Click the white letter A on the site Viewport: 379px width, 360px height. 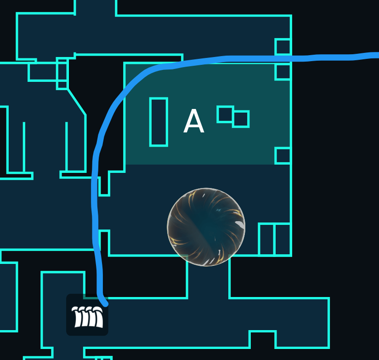tap(194, 121)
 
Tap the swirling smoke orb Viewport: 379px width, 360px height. tap(206, 227)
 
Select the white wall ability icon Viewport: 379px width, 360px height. tap(87, 315)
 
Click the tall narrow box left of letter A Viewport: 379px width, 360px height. tap(158, 122)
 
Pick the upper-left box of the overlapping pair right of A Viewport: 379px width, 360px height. tap(225, 114)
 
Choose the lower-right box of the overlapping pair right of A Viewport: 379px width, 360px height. tap(241, 119)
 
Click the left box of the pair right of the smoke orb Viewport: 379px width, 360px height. tap(266, 240)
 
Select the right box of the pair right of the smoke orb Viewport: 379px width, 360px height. tap(283, 240)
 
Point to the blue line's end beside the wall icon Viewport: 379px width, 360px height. tap(105, 303)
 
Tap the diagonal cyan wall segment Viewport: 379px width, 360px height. tap(77, 102)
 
